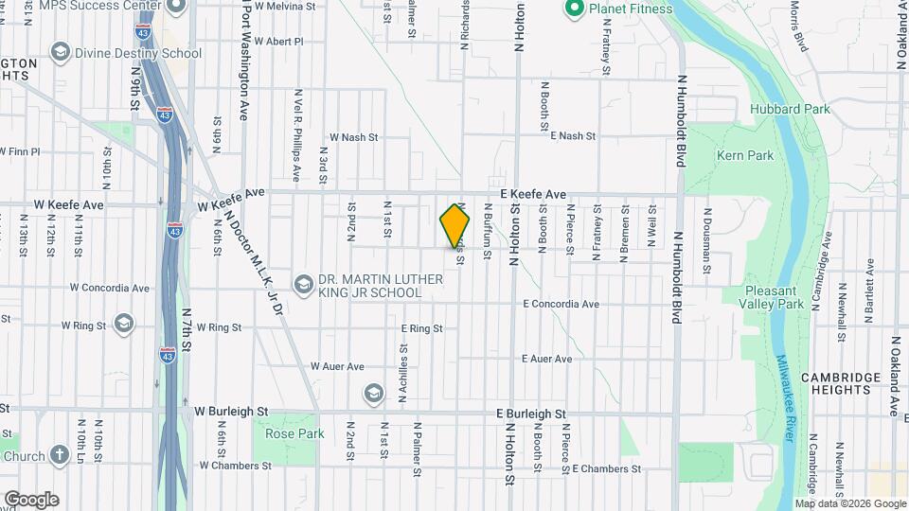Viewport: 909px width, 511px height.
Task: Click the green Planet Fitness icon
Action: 573,10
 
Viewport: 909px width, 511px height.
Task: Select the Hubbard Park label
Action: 790,109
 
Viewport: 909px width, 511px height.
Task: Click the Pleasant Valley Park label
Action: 774,297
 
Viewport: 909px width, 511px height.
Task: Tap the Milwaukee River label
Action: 786,398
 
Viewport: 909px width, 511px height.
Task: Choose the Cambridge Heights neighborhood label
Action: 840,383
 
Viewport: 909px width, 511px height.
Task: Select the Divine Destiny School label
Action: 139,53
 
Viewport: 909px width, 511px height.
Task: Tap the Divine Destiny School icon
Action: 62,52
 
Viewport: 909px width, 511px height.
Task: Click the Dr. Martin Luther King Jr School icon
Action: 303,284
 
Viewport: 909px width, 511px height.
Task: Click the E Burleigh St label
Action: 530,414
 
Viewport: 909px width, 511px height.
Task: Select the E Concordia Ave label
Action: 561,304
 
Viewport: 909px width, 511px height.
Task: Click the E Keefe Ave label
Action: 540,194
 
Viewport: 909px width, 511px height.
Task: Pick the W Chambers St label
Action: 233,466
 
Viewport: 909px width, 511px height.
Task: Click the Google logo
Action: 31,499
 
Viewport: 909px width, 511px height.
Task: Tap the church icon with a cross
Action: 60,455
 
